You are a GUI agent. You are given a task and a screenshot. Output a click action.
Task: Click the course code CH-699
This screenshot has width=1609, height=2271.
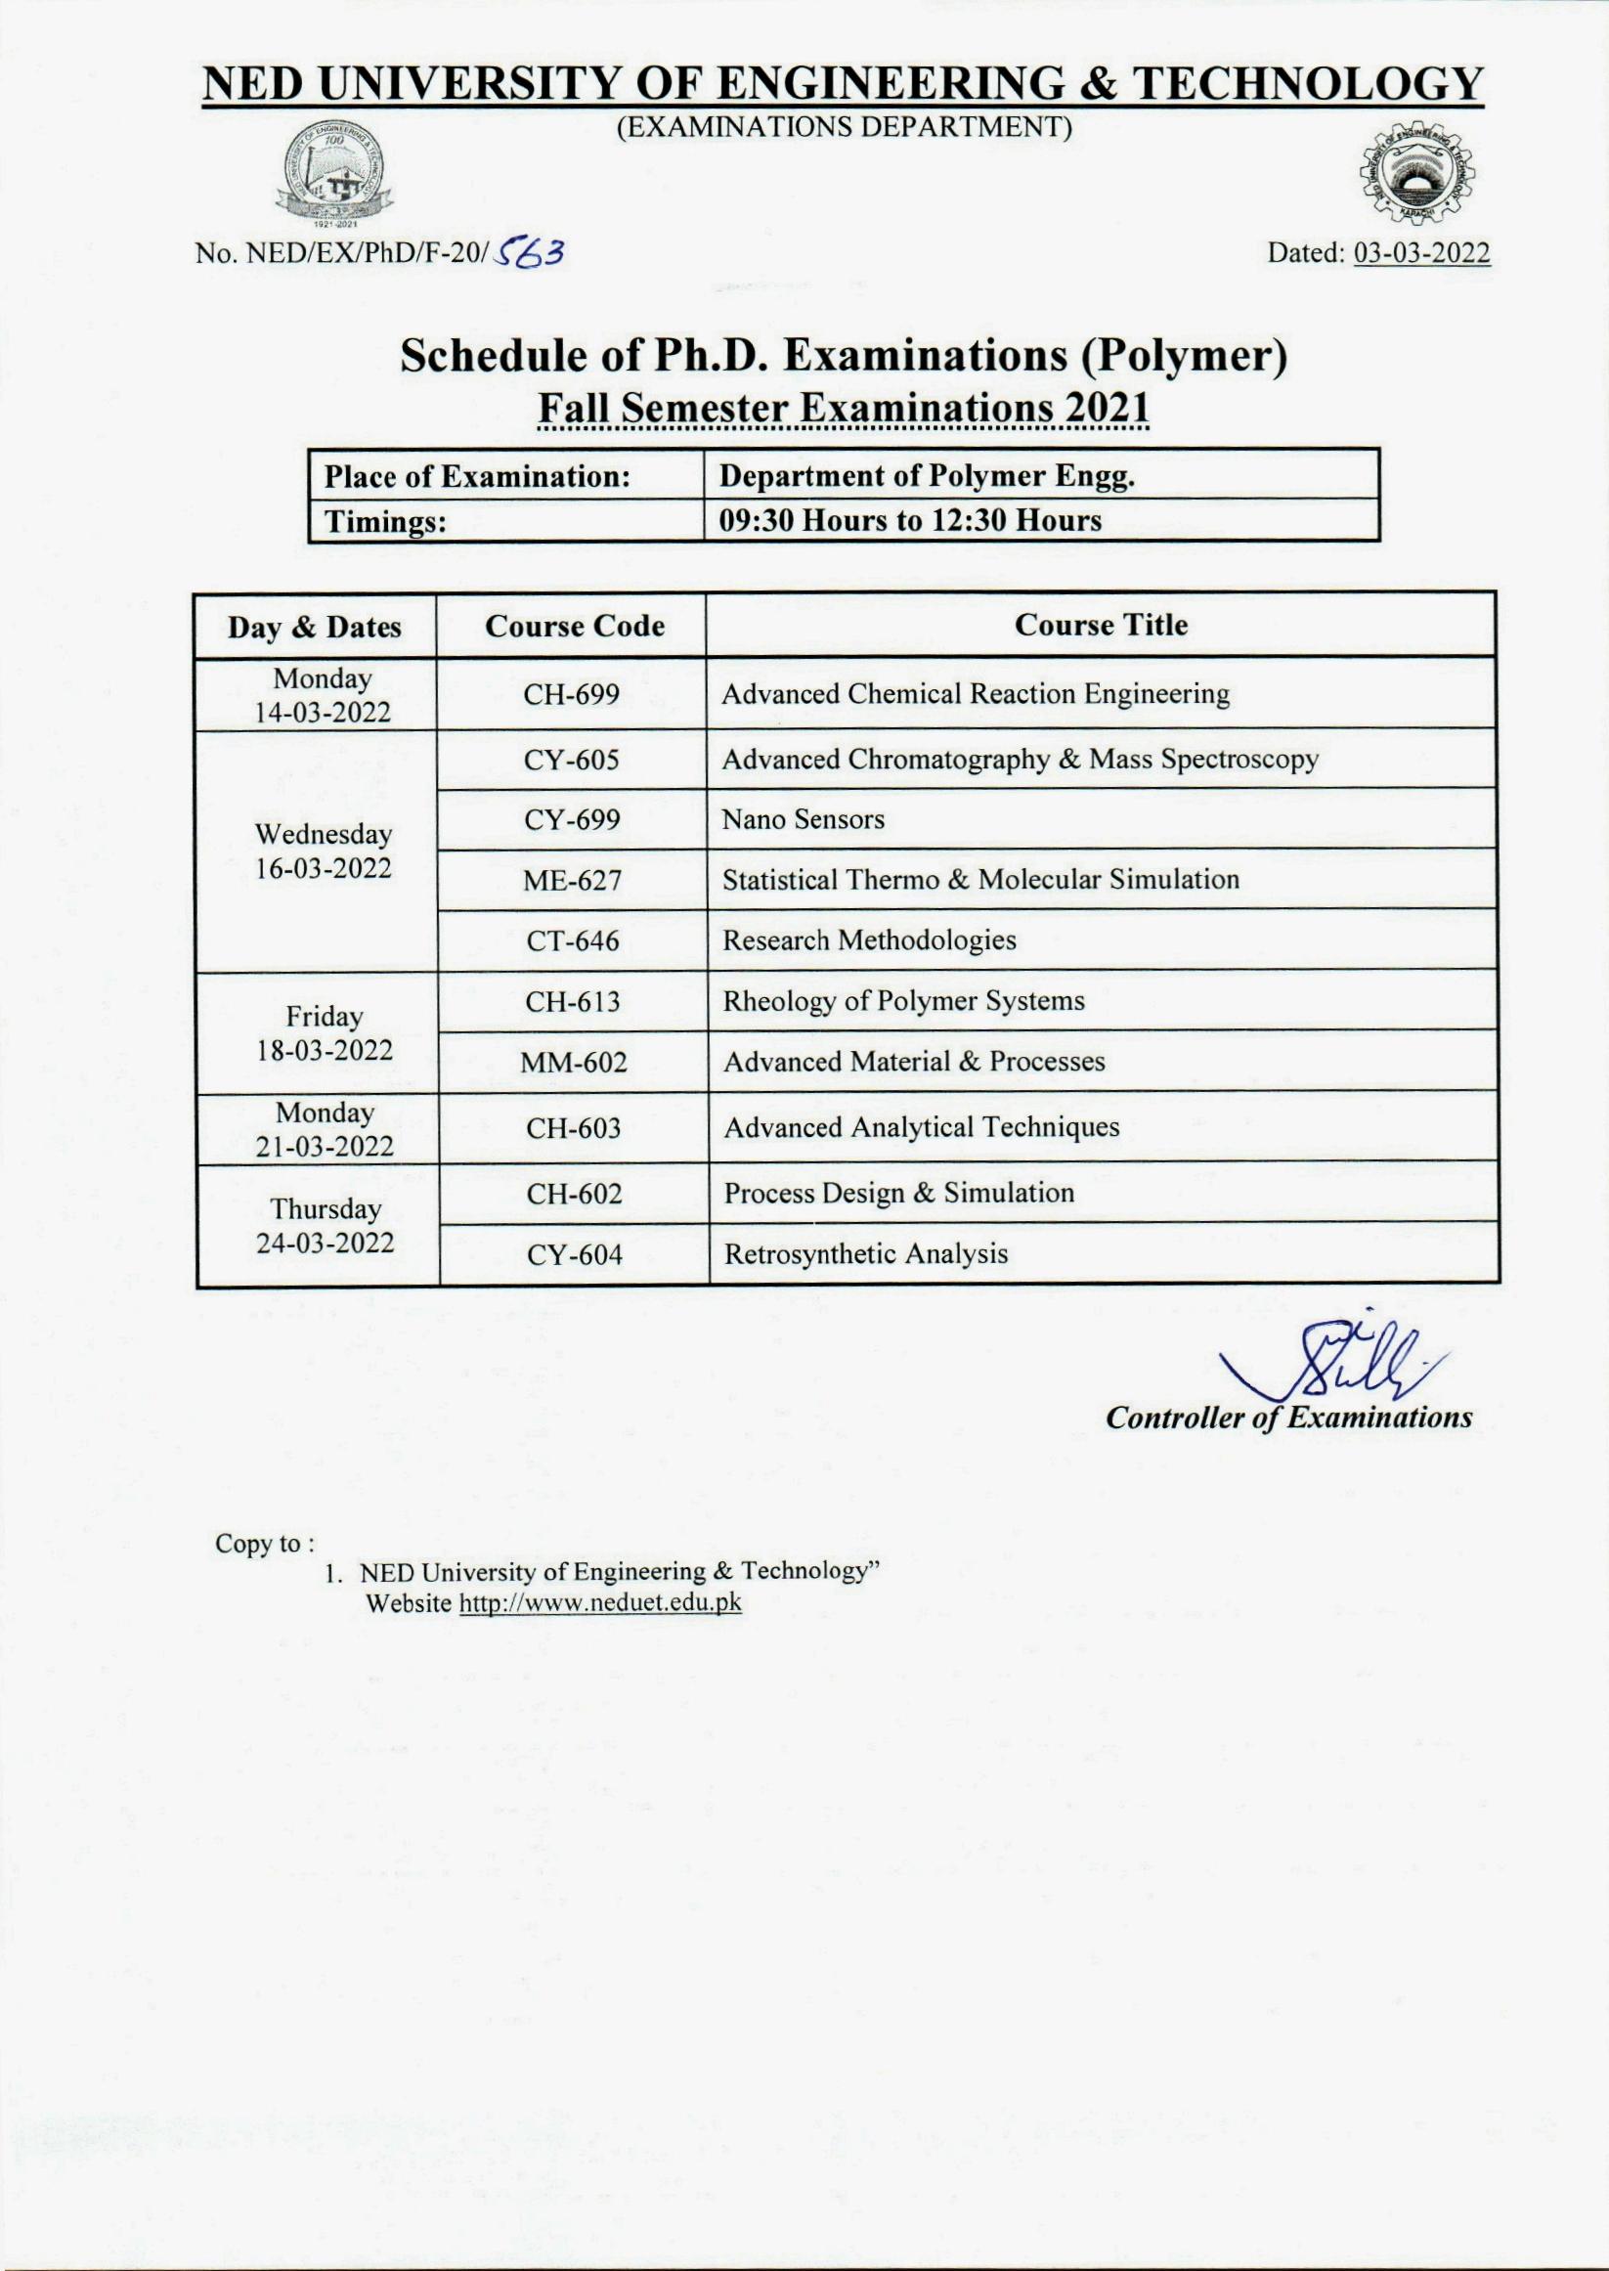572,694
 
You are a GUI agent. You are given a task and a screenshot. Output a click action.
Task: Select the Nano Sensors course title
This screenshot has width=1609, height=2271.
803,819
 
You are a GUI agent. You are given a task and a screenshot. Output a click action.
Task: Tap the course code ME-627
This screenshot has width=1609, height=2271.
573,880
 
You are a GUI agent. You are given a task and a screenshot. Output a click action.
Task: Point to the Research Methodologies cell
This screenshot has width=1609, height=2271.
869,940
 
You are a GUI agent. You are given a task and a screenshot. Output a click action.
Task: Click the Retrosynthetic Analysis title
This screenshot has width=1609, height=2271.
865,1254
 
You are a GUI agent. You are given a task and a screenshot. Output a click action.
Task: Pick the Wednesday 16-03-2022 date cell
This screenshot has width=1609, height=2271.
323,852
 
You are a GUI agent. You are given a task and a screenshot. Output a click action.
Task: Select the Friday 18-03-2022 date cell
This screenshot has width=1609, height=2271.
324,1033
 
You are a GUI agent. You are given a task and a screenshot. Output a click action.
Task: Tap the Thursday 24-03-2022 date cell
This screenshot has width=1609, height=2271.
325,1226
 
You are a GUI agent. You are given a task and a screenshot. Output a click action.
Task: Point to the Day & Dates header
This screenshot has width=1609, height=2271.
315,628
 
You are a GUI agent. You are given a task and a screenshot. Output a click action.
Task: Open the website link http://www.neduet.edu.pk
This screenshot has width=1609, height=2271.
598,1603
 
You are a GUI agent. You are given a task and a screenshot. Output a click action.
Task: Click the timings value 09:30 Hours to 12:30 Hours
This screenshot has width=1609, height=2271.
909,521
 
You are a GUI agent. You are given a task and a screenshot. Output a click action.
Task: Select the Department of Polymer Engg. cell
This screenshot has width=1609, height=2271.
927,478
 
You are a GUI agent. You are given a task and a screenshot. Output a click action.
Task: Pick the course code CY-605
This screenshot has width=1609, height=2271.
573,760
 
